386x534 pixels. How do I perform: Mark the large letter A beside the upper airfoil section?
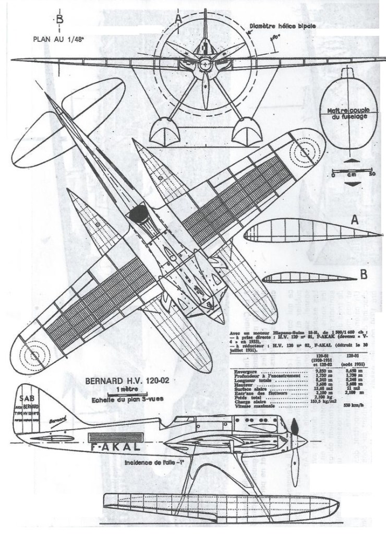point(354,221)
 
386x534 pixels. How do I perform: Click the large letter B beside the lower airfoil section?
point(364,274)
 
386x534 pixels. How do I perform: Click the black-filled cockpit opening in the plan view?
point(138,212)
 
